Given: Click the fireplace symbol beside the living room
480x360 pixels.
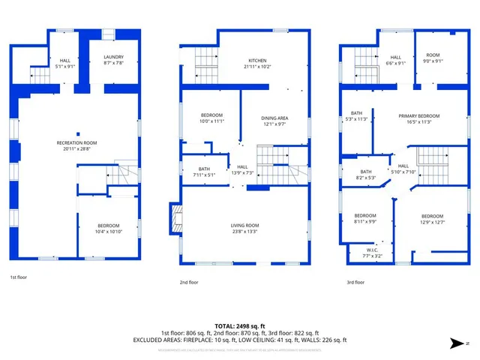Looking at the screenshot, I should pos(175,218).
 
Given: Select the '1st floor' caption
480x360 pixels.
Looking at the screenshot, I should pos(19,277).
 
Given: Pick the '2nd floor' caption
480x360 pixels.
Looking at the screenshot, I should pos(188,283).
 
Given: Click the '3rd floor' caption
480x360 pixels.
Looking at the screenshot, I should pos(355,283).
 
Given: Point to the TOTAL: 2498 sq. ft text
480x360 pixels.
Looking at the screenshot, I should pos(240,326).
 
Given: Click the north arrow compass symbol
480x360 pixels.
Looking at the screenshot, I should pos(455,343).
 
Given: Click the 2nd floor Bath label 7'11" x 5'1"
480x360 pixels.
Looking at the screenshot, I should pos(204,172).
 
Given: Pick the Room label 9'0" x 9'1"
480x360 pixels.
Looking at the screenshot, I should pos(433,58).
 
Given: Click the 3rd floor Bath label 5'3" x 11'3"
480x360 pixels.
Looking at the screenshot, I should pos(355,116).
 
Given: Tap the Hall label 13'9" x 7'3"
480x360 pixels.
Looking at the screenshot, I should pos(242,170).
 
